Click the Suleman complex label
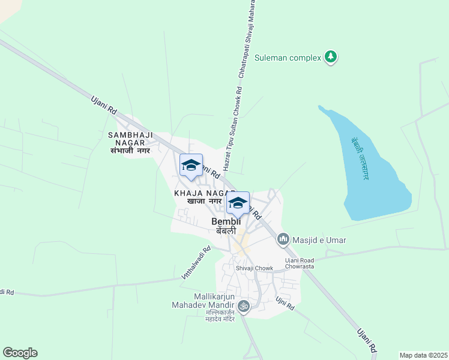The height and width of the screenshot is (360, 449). [287, 58]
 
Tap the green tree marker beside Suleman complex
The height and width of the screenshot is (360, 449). [330, 57]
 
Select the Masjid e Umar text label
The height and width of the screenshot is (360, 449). [320, 240]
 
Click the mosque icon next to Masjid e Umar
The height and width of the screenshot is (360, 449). [282, 240]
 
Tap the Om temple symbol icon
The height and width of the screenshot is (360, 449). [243, 306]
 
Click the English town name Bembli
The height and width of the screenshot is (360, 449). [226, 222]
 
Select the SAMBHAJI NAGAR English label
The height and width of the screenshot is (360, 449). [135, 139]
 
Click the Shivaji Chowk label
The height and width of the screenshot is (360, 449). [254, 268]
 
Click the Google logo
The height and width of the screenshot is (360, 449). [20, 353]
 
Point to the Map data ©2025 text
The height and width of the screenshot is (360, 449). [423, 355]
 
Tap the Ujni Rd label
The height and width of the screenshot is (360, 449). [285, 303]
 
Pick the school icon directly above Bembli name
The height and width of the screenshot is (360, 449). [238, 204]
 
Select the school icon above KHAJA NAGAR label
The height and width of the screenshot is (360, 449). [191, 165]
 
